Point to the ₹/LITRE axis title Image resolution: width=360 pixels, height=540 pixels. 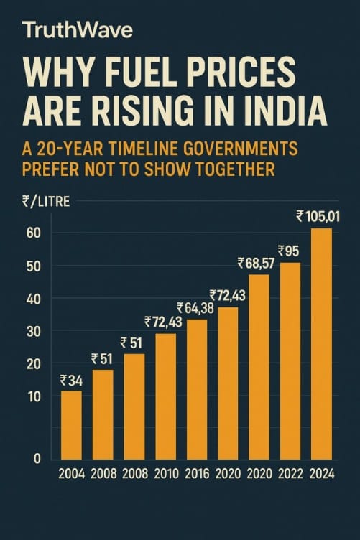[45, 202]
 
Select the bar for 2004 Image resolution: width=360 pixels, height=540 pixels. [71, 424]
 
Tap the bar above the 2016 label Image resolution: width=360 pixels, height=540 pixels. [196, 388]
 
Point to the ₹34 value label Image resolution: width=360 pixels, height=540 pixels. [71, 381]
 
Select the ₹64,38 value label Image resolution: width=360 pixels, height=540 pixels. [196, 308]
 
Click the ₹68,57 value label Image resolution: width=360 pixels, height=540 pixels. [257, 263]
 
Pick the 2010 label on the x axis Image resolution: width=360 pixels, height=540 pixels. [165, 474]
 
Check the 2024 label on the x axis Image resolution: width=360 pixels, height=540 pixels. [321, 474]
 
